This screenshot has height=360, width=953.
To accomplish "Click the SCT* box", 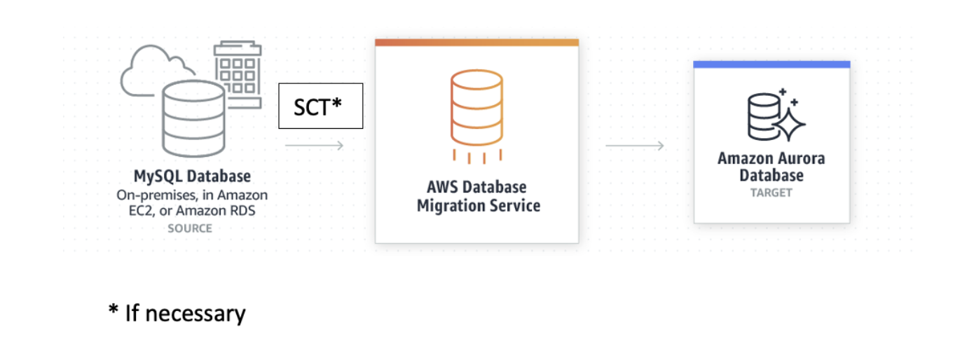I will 320,106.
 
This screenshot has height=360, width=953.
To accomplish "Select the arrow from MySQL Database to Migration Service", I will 314,146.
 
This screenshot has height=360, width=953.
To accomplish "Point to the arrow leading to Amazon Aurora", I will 634,146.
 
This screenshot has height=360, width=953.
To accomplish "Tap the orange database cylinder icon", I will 476,109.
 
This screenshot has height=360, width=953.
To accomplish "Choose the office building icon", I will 237,74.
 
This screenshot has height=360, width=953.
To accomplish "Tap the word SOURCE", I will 190,228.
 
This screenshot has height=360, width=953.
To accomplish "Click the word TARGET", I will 771,192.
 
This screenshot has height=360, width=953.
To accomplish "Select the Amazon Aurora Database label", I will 771,167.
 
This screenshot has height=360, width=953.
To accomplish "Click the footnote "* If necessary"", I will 177,313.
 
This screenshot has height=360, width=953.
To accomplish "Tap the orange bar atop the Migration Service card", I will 476,43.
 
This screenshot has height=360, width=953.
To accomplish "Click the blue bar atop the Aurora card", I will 772,64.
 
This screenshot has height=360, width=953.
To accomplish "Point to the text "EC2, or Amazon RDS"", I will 192,211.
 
